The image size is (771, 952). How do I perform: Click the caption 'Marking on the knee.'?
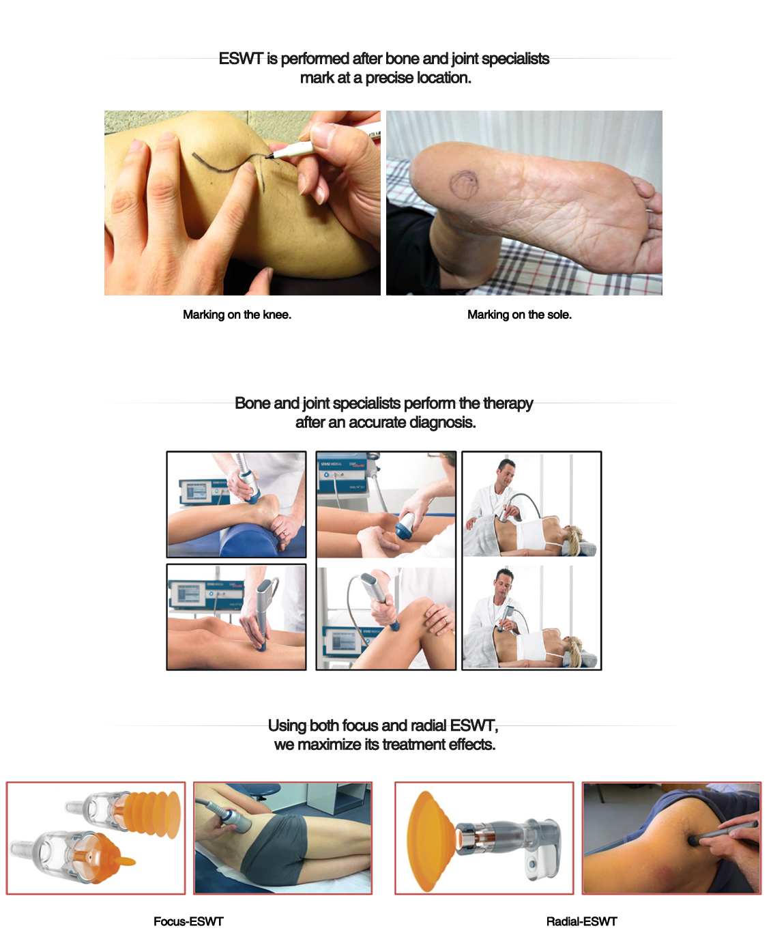coord(237,315)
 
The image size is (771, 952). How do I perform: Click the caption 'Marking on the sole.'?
coord(519,315)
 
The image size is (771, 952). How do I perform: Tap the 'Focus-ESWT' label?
coord(188,921)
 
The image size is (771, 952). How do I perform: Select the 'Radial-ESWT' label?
coord(581,921)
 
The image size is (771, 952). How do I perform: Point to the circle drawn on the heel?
coord(463,184)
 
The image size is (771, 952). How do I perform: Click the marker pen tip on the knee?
coord(268,157)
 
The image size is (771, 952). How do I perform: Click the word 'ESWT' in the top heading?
coord(240,59)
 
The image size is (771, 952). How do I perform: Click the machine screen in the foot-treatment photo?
coord(197,493)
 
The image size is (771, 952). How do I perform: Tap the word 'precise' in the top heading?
coord(390,78)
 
